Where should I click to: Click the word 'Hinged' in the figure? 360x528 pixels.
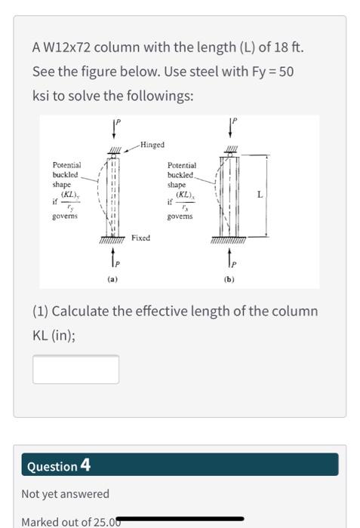point(152,144)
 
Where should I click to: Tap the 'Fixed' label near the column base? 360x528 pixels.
point(140,238)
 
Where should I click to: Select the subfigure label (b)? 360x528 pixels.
point(228,280)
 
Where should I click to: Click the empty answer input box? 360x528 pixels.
point(75,369)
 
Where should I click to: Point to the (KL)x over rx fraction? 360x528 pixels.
point(185,200)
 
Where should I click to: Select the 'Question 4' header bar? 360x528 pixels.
point(180,465)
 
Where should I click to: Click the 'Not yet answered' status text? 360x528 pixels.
point(65,494)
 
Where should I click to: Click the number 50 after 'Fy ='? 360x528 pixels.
point(286,71)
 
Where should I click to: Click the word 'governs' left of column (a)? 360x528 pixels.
point(65,215)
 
